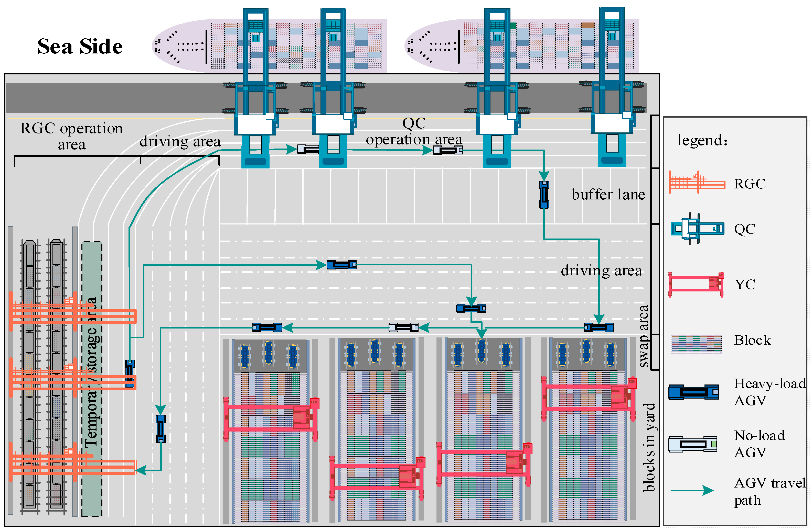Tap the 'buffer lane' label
(x=608, y=195)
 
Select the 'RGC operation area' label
(x=71, y=136)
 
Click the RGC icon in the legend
(x=696, y=182)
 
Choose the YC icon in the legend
(x=696, y=284)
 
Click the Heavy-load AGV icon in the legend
(x=693, y=392)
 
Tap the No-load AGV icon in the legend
(x=693, y=444)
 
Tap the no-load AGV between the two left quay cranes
(x=308, y=149)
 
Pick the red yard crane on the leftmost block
(x=271, y=418)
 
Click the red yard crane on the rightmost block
(x=589, y=397)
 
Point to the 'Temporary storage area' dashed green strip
(x=92, y=378)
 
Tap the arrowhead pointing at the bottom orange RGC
(x=141, y=470)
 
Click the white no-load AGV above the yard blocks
(x=403, y=327)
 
